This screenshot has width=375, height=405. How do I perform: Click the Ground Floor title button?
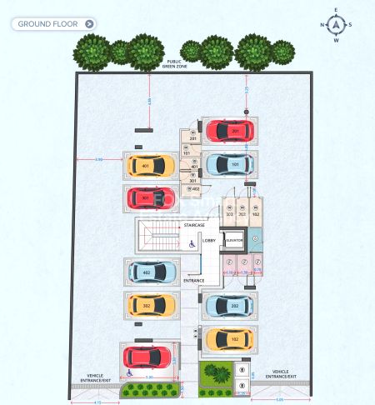pos(55,24)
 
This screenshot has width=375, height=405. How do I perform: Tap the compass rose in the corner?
pos(337,24)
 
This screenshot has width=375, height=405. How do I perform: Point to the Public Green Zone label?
pos(174,63)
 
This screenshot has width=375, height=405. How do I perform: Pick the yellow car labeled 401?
pos(151,165)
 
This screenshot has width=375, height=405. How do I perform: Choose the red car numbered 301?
pos(151,198)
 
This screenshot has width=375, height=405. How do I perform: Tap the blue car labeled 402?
pos(151,272)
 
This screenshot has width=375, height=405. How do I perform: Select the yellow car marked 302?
pos(151,306)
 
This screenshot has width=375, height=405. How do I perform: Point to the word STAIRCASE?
pos(195,226)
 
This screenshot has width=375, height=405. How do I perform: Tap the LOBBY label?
pos(208,240)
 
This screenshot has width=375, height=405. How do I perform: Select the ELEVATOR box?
pos(233,240)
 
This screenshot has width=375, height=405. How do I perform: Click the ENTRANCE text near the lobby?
pos(194,280)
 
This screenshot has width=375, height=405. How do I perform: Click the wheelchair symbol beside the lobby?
pos(191,244)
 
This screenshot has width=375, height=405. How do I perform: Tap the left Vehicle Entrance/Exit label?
pos(91,377)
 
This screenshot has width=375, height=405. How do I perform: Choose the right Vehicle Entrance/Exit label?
pos(281,373)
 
